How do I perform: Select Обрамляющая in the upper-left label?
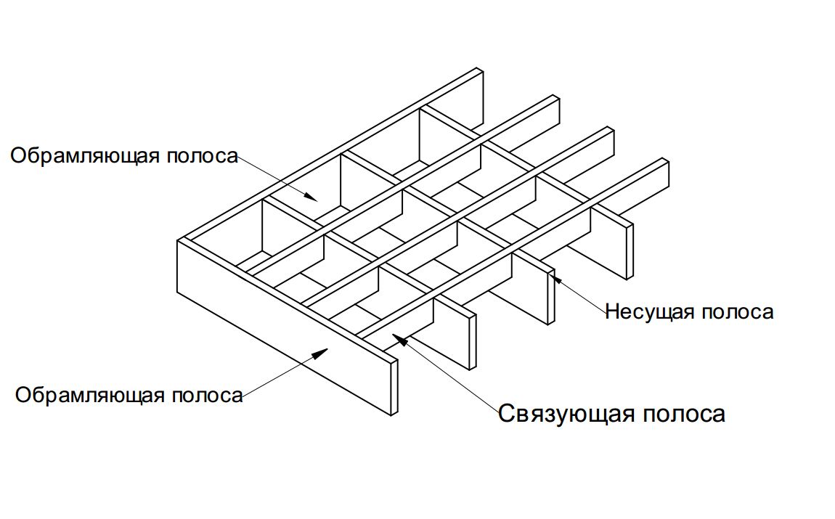coord(85,156)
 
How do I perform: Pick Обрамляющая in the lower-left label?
coord(89,396)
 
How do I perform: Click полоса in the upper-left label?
coord(203,157)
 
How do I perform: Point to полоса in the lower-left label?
coord(208,396)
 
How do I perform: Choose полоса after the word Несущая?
coord(737,312)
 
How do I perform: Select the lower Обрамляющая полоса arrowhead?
coord(320,352)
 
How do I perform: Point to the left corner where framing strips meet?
coord(181,240)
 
